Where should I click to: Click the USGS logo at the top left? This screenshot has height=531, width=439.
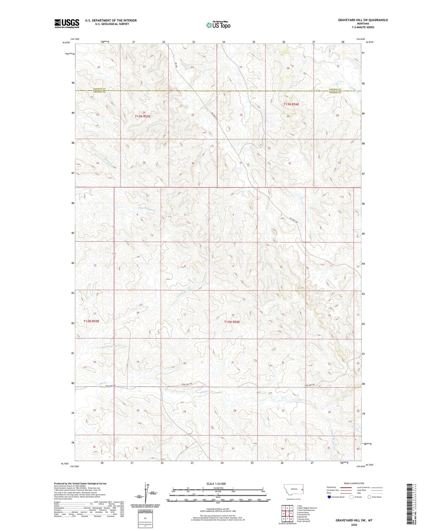click(x=67, y=23)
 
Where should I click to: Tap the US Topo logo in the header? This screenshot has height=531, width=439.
click(x=218, y=25)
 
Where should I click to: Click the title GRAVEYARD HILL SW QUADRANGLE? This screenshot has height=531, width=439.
click(x=363, y=20)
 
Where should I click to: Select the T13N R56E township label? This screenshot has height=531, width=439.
click(x=291, y=104)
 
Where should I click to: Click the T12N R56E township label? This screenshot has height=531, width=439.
click(x=232, y=322)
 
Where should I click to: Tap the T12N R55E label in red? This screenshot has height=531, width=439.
click(x=91, y=321)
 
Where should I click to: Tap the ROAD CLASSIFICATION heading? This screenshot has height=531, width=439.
click(x=354, y=483)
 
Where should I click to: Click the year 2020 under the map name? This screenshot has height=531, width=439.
click(x=354, y=525)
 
